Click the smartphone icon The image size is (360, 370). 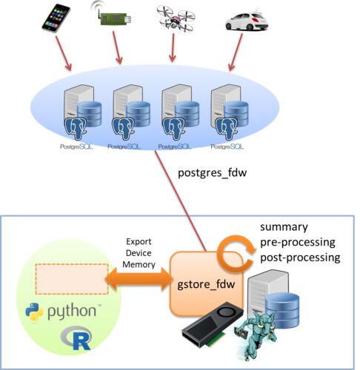pyautogui.click(x=56, y=18)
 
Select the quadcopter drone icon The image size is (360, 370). pyautogui.click(x=176, y=18)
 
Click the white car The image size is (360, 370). pyautogui.click(x=247, y=21)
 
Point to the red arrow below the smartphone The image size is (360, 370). pyautogui.click(x=64, y=53)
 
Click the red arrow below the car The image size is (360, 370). pyautogui.click(x=236, y=53)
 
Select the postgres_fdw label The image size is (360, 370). pyautogui.click(x=213, y=172)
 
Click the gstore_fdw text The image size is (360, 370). pyautogui.click(x=206, y=284)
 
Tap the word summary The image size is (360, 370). pyautogui.click(x=284, y=227)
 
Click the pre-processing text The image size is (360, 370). pyautogui.click(x=298, y=243)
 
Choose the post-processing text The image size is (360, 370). pyautogui.click(x=300, y=258)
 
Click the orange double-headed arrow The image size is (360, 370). pyautogui.click(x=139, y=279)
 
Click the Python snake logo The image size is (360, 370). pyautogui.click(x=34, y=312)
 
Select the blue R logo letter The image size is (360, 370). pyautogui.click(x=81, y=342)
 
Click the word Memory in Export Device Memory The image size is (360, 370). pyautogui.click(x=139, y=265)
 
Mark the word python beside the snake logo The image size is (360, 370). pyautogui.click(x=72, y=312)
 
